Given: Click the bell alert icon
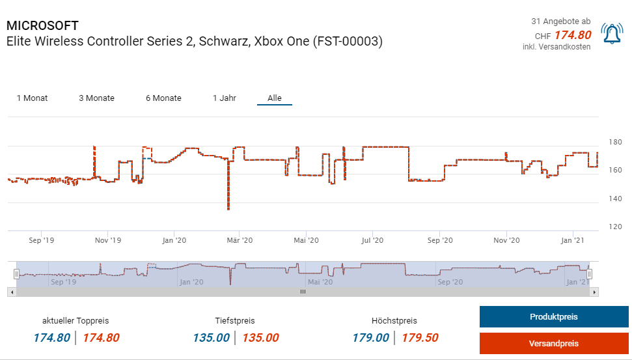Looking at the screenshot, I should (x=611, y=33).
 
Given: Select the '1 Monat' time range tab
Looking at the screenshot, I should (x=32, y=98).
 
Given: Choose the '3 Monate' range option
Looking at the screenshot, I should (x=96, y=98).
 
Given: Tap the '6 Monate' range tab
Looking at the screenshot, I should (x=163, y=98).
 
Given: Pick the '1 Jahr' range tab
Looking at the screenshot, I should (x=224, y=98).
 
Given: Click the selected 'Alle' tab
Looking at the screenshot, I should (x=275, y=98).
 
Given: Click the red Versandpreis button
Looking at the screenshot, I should (x=553, y=343).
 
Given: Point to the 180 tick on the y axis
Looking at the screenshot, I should (x=615, y=143).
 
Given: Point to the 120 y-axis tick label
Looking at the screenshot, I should (x=615, y=227).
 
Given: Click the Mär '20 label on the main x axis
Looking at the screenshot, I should (x=239, y=241).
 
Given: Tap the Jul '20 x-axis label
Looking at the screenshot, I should (x=372, y=241).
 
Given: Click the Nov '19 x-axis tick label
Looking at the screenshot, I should (x=107, y=241).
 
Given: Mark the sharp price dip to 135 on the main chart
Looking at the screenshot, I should (x=228, y=208).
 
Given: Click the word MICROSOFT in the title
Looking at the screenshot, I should (x=42, y=26).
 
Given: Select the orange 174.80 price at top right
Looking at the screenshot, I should (x=572, y=35).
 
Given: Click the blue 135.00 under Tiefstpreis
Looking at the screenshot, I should (x=211, y=338).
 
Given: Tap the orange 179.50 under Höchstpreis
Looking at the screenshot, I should (x=420, y=338).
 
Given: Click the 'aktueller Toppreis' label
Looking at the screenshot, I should (x=76, y=321).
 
